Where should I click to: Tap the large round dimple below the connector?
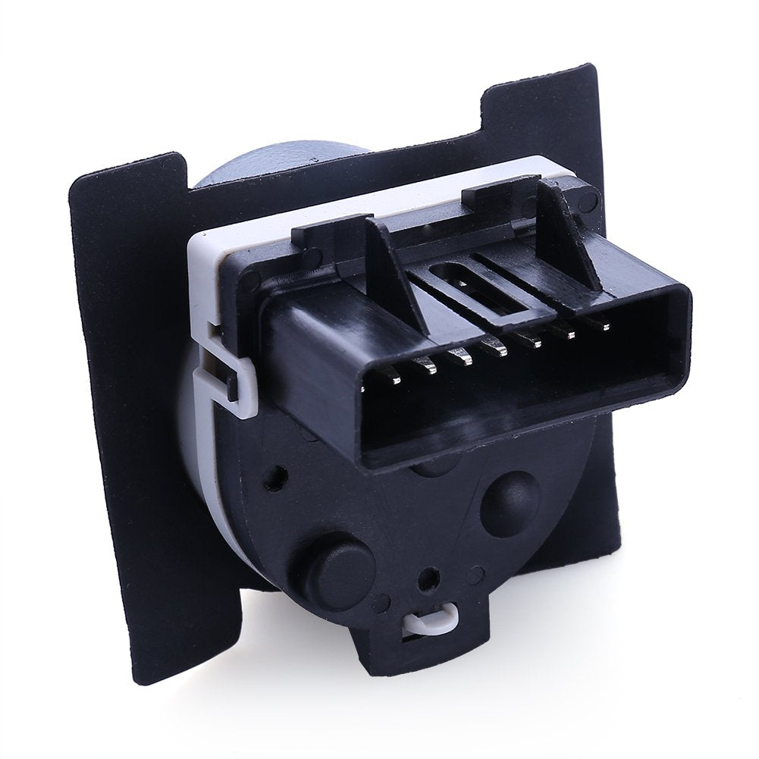[x=510, y=500]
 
